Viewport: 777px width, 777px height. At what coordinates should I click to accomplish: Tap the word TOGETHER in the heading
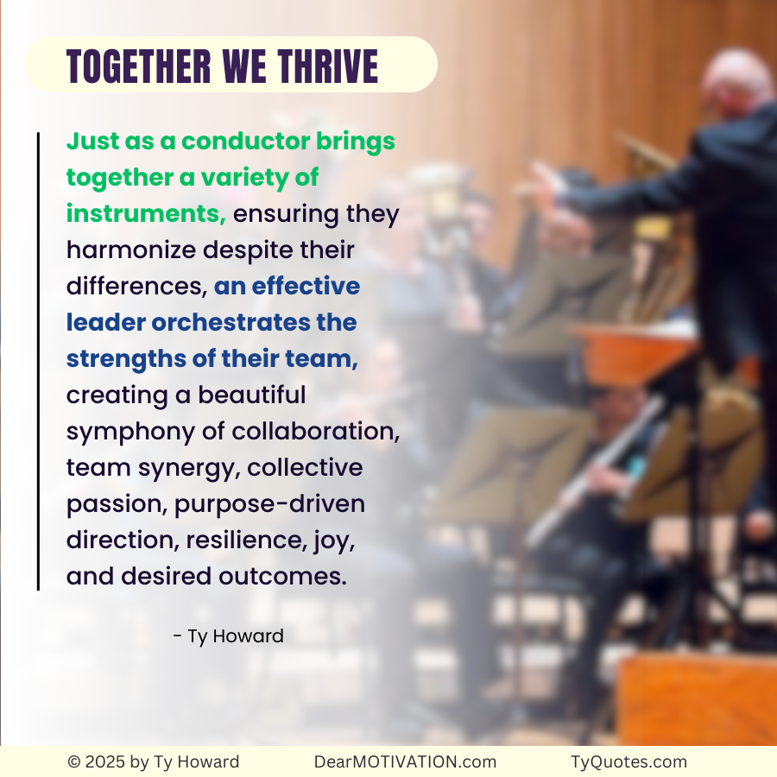click(138, 66)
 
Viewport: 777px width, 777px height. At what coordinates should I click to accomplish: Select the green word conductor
click(244, 141)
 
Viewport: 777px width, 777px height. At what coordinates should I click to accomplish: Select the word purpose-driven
click(270, 504)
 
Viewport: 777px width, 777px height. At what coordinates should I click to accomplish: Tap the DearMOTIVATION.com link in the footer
click(405, 761)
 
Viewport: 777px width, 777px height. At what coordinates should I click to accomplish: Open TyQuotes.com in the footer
click(629, 761)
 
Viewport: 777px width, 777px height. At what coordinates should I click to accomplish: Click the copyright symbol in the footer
click(74, 761)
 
